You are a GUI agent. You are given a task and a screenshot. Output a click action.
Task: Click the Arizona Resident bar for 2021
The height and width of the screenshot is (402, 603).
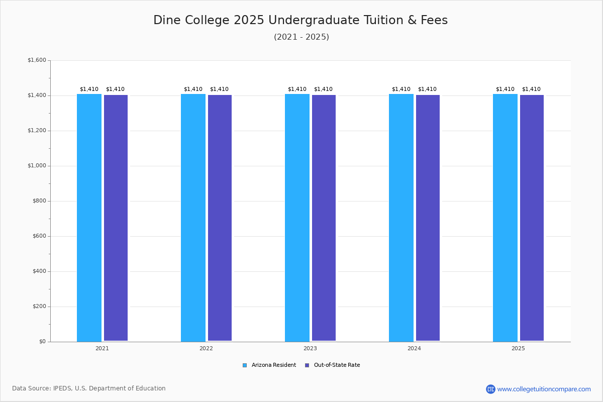(89, 218)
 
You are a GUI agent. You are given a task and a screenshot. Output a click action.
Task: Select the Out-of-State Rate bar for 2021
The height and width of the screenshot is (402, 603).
(116, 218)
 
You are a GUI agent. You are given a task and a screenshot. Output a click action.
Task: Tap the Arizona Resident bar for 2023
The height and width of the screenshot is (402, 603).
(297, 218)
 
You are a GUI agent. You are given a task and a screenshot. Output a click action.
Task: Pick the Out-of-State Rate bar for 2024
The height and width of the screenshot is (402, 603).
(428, 218)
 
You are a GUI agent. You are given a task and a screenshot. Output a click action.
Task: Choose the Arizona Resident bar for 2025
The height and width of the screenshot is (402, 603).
(506, 218)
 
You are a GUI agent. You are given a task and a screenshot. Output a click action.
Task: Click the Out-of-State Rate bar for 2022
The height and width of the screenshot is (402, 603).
(220, 218)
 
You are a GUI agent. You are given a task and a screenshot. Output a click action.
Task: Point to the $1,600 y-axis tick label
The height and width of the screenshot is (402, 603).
(37, 60)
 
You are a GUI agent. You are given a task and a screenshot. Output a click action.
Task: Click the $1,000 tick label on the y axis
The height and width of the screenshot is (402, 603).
(37, 166)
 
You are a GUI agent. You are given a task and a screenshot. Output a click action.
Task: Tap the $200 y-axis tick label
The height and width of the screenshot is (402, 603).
(39, 307)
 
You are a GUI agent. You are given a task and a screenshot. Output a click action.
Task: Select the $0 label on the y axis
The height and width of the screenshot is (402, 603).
(43, 341)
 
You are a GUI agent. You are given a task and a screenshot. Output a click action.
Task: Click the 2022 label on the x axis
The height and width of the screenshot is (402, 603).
(206, 348)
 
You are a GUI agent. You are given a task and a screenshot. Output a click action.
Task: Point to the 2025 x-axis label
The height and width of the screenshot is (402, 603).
(518, 348)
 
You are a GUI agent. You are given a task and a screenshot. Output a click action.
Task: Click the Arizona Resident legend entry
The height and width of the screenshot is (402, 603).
(269, 365)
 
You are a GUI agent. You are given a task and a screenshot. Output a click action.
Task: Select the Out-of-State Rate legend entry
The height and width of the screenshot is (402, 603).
(333, 365)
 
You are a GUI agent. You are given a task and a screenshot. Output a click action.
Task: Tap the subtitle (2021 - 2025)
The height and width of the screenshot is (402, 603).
(301, 37)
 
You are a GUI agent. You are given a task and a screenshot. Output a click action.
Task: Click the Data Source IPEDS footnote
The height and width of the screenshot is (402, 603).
(89, 388)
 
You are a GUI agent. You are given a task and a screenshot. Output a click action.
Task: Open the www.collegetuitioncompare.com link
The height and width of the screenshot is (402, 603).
(544, 389)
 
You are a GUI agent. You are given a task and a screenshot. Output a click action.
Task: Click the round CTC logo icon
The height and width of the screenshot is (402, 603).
(491, 389)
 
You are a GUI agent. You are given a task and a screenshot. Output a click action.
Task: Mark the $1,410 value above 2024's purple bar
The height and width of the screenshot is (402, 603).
(427, 89)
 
